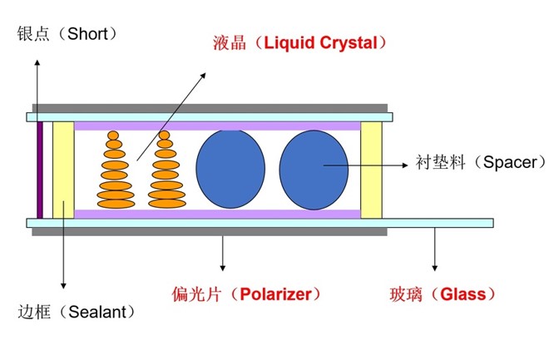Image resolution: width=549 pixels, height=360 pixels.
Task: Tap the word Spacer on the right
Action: (503, 161)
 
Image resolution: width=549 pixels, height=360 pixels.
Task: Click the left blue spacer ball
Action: (228, 169)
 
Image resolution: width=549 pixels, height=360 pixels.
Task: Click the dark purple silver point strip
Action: (40, 170)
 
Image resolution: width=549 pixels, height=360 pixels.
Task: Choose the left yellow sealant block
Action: (63, 170)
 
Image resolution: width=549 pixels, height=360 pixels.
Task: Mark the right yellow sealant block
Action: (370, 170)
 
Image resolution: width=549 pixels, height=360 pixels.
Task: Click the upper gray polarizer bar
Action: (209, 108)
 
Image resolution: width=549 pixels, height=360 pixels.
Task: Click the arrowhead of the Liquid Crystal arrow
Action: (205, 75)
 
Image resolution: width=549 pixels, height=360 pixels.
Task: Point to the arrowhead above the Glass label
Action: (433, 267)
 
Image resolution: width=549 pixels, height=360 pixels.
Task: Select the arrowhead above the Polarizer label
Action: (222, 267)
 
